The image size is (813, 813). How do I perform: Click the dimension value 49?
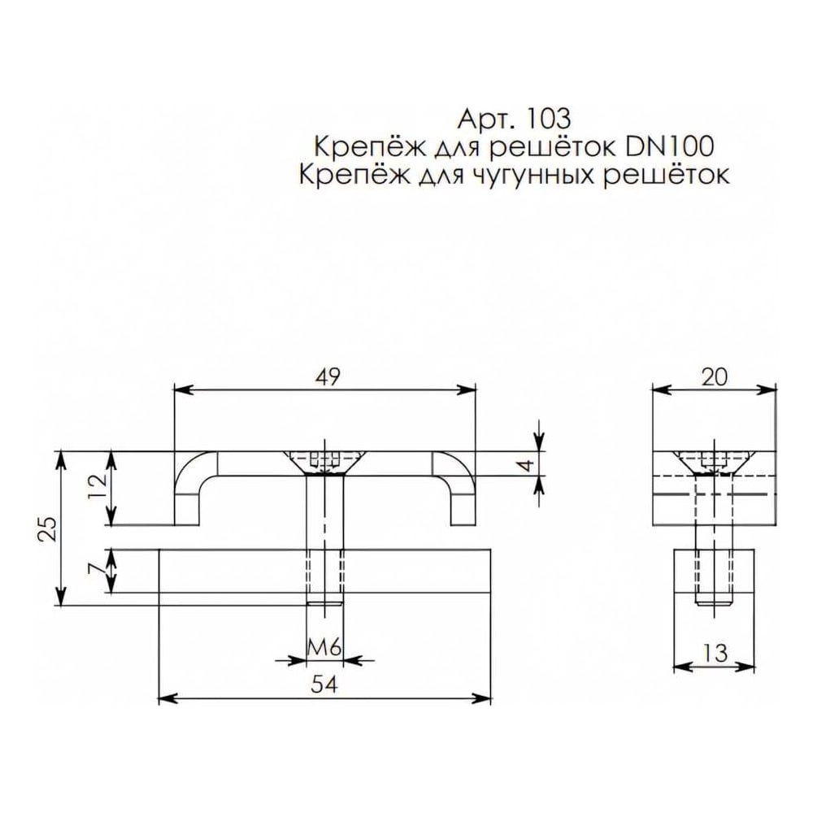(328, 377)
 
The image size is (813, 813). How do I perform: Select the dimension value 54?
(324, 685)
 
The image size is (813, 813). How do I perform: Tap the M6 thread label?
(324, 648)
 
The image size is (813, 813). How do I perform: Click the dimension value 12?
(97, 486)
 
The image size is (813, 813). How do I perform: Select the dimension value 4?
(526, 465)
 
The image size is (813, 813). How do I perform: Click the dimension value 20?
(715, 377)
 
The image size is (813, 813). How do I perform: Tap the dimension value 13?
(715, 654)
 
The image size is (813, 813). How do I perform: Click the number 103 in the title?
(548, 119)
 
